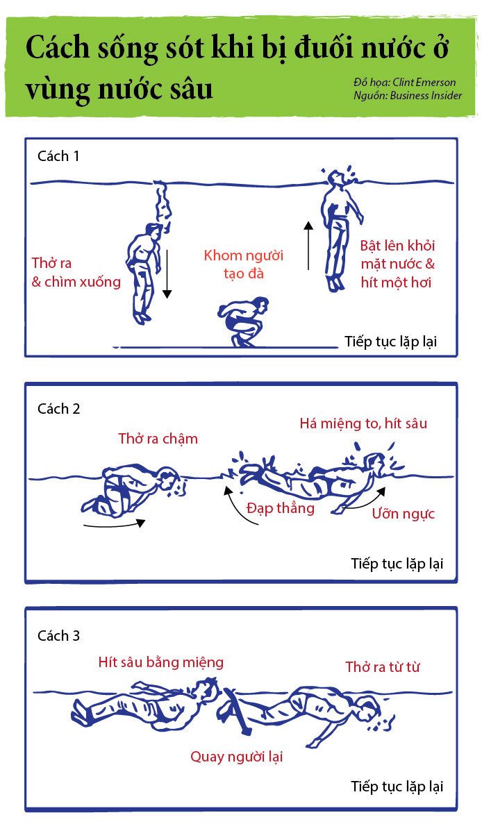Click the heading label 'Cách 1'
tap(58, 156)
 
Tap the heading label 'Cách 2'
tap(59, 409)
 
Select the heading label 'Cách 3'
tap(59, 636)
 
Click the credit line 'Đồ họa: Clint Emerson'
tap(404, 83)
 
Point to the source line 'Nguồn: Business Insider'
tap(408, 96)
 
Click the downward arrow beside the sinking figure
tap(167, 274)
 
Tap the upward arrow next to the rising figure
tap(308, 245)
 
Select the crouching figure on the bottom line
tap(244, 321)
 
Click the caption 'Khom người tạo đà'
tap(244, 264)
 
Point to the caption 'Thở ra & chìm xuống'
tap(76, 273)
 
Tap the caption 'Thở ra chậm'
tap(158, 439)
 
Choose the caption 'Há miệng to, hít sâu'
tap(363, 423)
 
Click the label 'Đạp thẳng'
tap(281, 508)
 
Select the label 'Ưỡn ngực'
tap(404, 514)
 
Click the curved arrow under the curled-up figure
tap(115, 524)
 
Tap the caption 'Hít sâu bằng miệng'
tap(161, 662)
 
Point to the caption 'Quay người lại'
tap(236, 757)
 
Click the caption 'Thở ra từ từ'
tap(383, 667)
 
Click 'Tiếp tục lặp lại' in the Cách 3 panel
tap(397, 787)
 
